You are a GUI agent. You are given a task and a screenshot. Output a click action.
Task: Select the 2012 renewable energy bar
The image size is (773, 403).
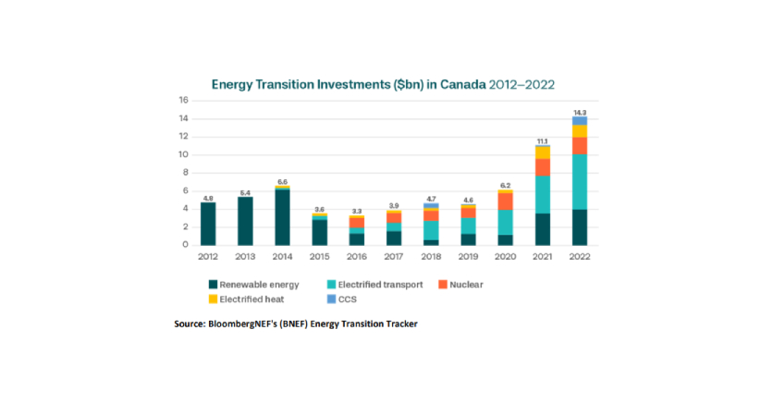208,224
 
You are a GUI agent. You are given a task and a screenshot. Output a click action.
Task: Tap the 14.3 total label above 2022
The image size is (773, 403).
580,111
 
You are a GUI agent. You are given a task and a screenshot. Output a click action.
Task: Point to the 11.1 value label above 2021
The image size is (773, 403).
543,140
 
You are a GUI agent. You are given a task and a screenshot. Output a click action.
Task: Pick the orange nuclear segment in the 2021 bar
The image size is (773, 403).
543,167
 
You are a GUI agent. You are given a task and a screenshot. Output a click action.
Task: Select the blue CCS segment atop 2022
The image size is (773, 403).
580,121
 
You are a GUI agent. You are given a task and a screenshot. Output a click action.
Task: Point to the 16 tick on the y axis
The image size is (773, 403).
183,101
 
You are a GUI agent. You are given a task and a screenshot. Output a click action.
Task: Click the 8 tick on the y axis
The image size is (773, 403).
184,173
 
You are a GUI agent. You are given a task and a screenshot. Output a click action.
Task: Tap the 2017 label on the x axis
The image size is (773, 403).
394,258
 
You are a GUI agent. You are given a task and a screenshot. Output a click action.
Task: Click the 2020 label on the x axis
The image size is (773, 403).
506,258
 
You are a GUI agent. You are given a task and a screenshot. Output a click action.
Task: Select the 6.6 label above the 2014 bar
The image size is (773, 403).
283,182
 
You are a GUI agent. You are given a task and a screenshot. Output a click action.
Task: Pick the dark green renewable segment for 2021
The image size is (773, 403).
543,229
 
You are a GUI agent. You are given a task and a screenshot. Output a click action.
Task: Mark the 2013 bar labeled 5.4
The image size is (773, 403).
245,221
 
